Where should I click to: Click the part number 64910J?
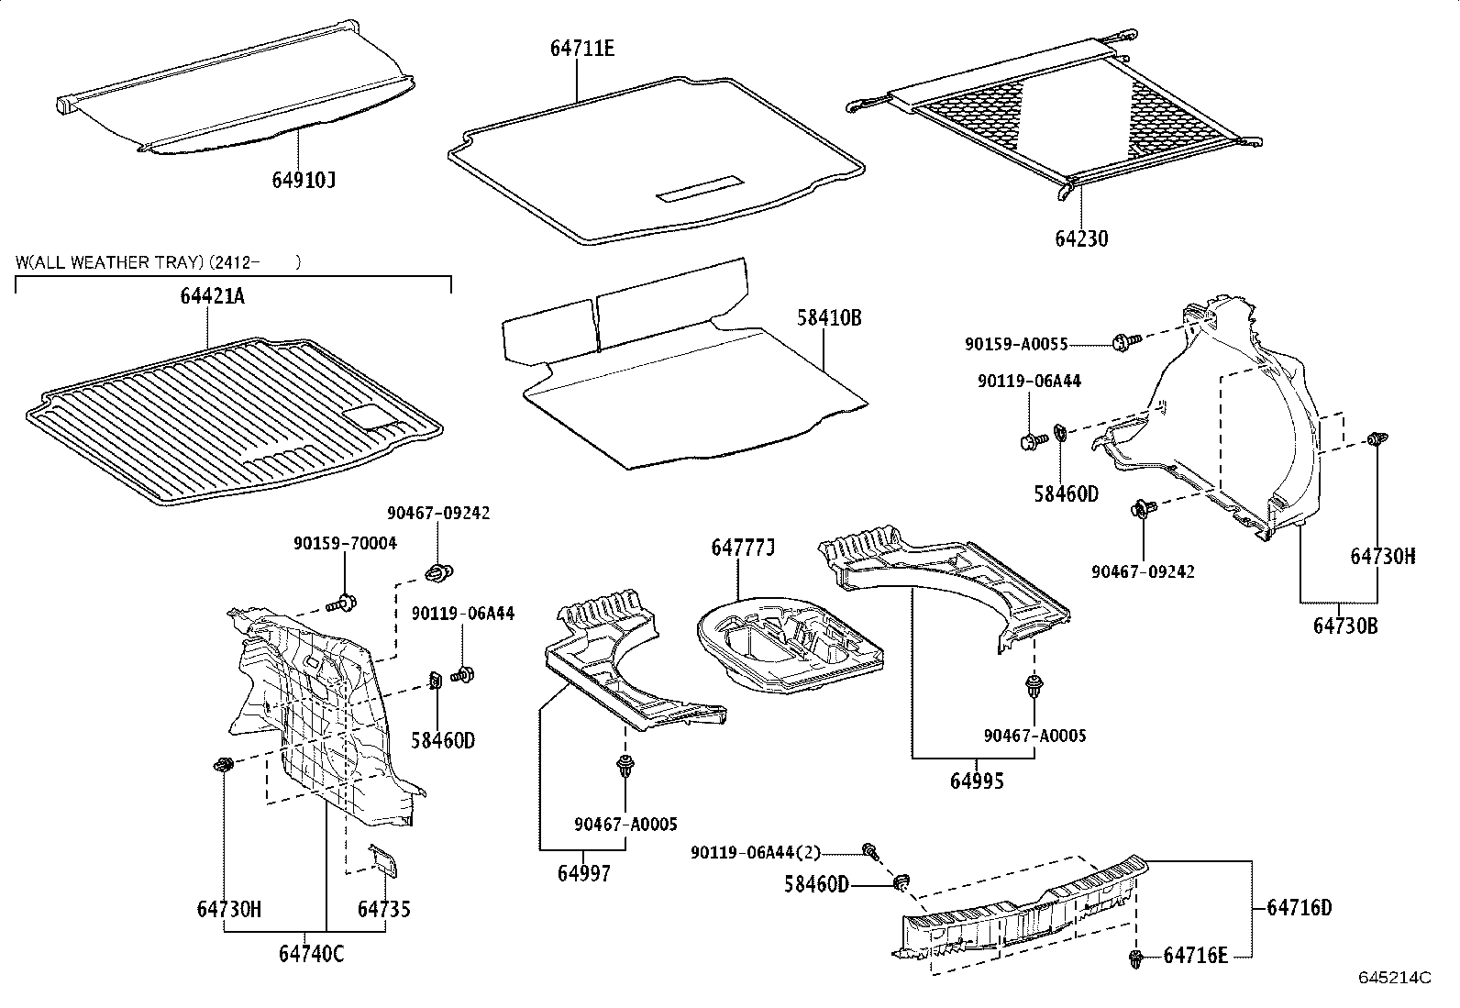point(304,180)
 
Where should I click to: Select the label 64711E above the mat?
point(581,49)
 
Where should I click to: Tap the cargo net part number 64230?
point(1080,238)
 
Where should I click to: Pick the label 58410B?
point(829,318)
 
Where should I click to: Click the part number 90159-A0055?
point(1015,344)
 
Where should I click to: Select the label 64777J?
point(743,548)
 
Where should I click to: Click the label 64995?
point(977,781)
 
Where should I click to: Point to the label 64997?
point(583,873)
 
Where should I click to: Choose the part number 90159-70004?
point(345,543)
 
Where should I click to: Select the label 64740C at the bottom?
point(311,954)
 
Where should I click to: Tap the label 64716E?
point(1195,956)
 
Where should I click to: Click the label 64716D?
point(1299,908)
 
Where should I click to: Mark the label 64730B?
point(1344,626)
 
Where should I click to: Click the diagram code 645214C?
point(1394,978)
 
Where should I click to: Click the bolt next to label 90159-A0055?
point(1124,342)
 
